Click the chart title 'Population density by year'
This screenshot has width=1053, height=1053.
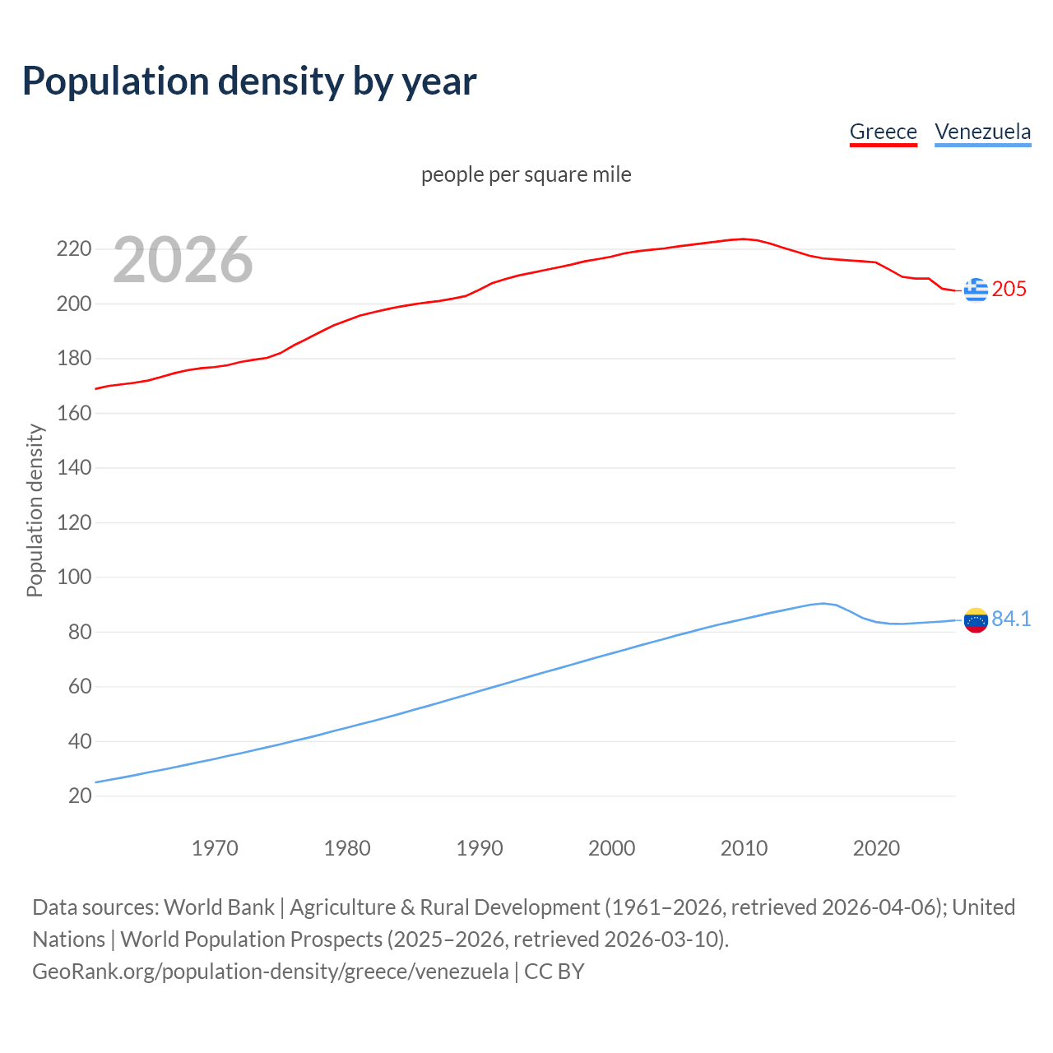click(x=249, y=81)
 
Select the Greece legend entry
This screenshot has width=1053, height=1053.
click(x=883, y=132)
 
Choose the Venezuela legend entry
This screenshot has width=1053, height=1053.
click(x=982, y=132)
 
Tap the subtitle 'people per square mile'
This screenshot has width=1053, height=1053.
click(x=526, y=174)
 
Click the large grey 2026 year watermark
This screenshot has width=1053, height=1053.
click(x=183, y=260)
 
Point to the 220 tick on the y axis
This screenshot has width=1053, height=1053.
click(x=73, y=248)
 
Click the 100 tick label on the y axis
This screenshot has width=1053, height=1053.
click(x=73, y=577)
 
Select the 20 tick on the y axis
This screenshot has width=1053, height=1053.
click(x=79, y=796)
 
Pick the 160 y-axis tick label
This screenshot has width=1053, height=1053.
click(x=73, y=413)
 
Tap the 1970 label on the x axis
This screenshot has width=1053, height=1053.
click(x=215, y=848)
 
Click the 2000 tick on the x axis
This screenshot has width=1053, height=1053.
click(x=611, y=848)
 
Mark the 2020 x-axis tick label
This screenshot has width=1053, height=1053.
click(x=876, y=848)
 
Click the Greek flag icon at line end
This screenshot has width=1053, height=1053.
click(x=976, y=290)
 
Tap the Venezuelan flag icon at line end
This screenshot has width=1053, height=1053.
click(x=976, y=620)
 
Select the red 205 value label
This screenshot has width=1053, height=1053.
click(x=1009, y=289)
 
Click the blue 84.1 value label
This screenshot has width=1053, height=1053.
click(x=1011, y=619)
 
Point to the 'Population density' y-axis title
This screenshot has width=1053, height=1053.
click(x=35, y=510)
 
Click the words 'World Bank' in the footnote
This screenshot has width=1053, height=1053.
click(x=219, y=907)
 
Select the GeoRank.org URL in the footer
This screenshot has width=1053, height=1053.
click(x=271, y=972)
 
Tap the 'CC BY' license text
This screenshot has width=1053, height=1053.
click(x=554, y=972)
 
